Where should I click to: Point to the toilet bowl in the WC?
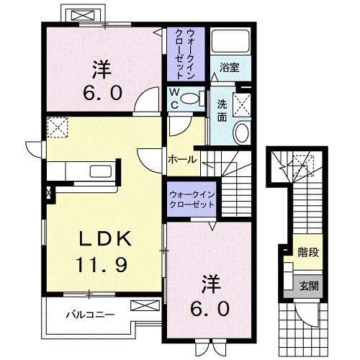(x=189, y=98)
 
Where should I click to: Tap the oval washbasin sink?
(x=241, y=132)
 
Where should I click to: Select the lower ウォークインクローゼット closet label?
(x=192, y=199)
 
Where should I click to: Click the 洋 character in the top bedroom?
(x=102, y=71)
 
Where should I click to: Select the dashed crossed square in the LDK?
(x=56, y=128)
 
